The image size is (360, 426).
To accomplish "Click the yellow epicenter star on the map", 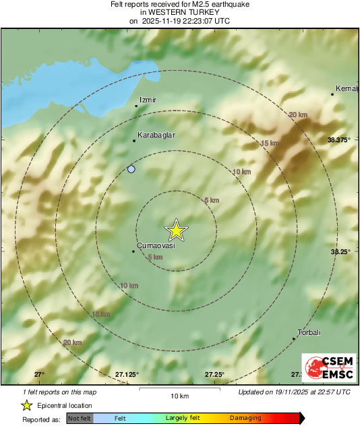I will click(x=176, y=231).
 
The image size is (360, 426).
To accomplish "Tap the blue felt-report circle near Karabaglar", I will click(x=131, y=169).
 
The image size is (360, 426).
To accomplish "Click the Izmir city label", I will click(x=148, y=100).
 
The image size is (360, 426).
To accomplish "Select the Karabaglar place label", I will click(x=156, y=135).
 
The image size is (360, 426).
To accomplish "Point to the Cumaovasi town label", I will click(x=156, y=245).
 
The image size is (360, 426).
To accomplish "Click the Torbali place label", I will click(x=309, y=332).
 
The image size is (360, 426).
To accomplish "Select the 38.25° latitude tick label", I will click(x=340, y=251).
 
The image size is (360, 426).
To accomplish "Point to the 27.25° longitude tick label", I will click(x=214, y=374).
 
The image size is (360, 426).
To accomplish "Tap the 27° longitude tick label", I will click(x=39, y=374).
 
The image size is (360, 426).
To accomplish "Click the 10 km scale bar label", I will click(x=179, y=396).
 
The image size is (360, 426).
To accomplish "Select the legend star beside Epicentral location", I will click(x=26, y=406).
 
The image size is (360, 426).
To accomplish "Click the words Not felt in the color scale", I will click(x=79, y=419).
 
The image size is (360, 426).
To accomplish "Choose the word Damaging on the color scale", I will click(x=245, y=419).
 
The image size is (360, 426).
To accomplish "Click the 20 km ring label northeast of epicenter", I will click(x=297, y=115).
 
